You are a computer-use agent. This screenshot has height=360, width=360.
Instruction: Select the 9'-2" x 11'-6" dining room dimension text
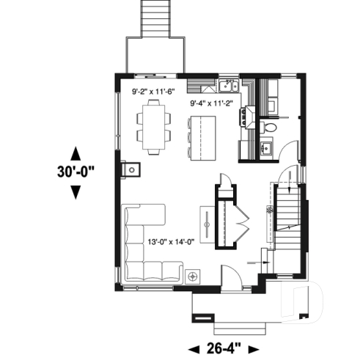pyautogui.click(x=153, y=92)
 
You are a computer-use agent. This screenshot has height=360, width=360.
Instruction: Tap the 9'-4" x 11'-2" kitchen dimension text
pyautogui.click(x=210, y=103)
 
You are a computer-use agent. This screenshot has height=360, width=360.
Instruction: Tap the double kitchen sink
pyautogui.click(x=229, y=84)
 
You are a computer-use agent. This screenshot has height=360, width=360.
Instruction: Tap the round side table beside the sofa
pyautogui.click(x=195, y=276)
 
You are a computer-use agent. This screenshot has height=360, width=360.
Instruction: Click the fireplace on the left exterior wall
pyautogui.click(x=131, y=169)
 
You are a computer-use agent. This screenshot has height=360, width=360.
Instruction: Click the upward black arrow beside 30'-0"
pyautogui.click(x=74, y=153)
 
